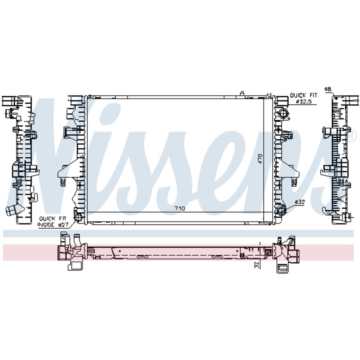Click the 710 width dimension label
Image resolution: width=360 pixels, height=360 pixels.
pyautogui.click(x=179, y=208)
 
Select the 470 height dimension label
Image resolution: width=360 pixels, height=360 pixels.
pyautogui.click(x=260, y=159)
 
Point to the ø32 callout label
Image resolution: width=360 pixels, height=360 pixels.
pyautogui.click(x=300, y=202)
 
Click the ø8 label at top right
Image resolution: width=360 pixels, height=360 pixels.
pyautogui.click(x=328, y=89)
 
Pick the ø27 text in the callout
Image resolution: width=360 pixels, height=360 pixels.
pyautogui.click(x=63, y=225)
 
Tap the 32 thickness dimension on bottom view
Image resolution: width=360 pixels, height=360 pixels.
pyautogui.click(x=257, y=265)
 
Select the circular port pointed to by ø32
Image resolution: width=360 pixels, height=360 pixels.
pyautogui.click(x=281, y=211)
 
